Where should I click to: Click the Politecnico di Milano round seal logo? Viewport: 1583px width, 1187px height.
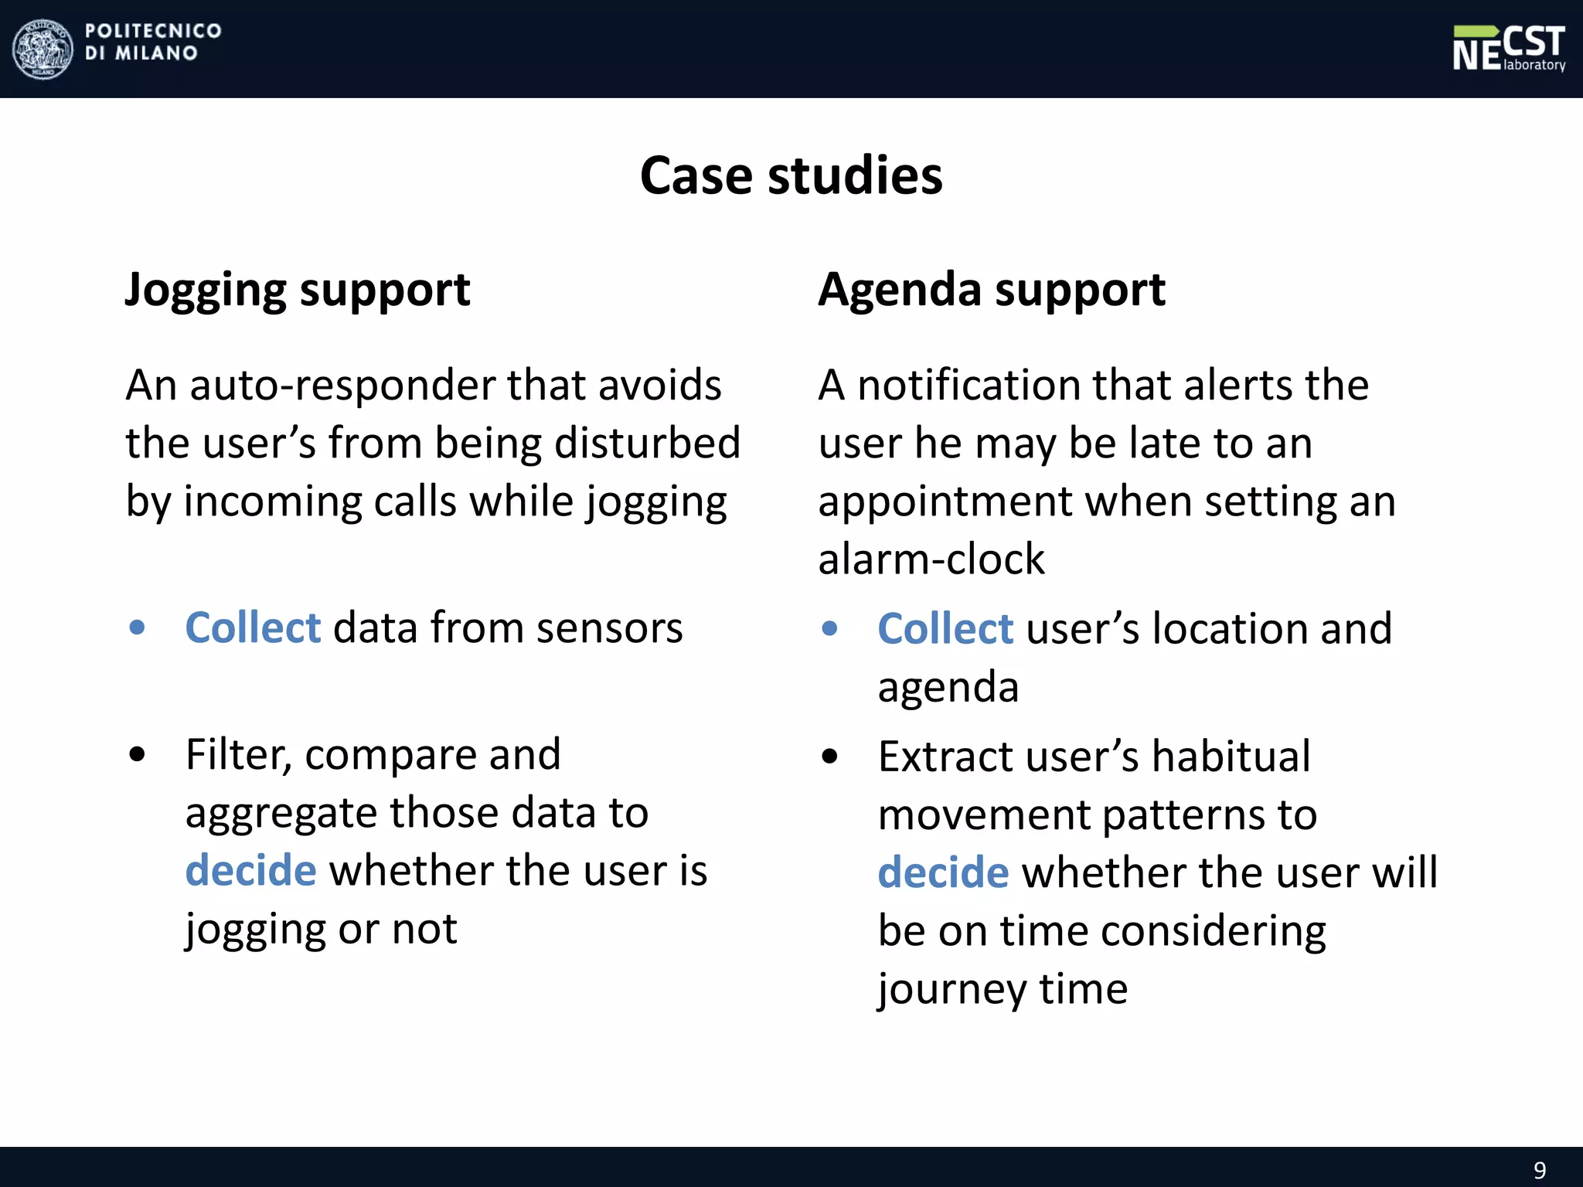[x=43, y=49]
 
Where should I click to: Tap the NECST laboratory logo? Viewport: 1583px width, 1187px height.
[x=1508, y=49]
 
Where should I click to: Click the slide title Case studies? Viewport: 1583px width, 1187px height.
[x=791, y=175]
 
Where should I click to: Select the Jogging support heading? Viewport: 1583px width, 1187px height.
[x=298, y=291]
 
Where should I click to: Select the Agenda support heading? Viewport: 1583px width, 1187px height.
[x=992, y=291]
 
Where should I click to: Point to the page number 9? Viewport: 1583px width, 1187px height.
[x=1540, y=1170]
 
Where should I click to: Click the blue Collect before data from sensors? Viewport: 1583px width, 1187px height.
[x=253, y=628]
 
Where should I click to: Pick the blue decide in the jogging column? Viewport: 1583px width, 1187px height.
[x=250, y=871]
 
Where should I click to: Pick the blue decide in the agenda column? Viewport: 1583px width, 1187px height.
[x=943, y=872]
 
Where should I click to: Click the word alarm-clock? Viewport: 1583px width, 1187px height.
[x=931, y=559]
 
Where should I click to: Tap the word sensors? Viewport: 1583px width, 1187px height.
[x=610, y=628]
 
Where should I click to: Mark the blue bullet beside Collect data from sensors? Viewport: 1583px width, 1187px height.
[x=138, y=628]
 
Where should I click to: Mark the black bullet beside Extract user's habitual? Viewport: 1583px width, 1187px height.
[x=829, y=757]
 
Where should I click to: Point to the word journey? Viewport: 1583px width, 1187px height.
[x=951, y=990]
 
